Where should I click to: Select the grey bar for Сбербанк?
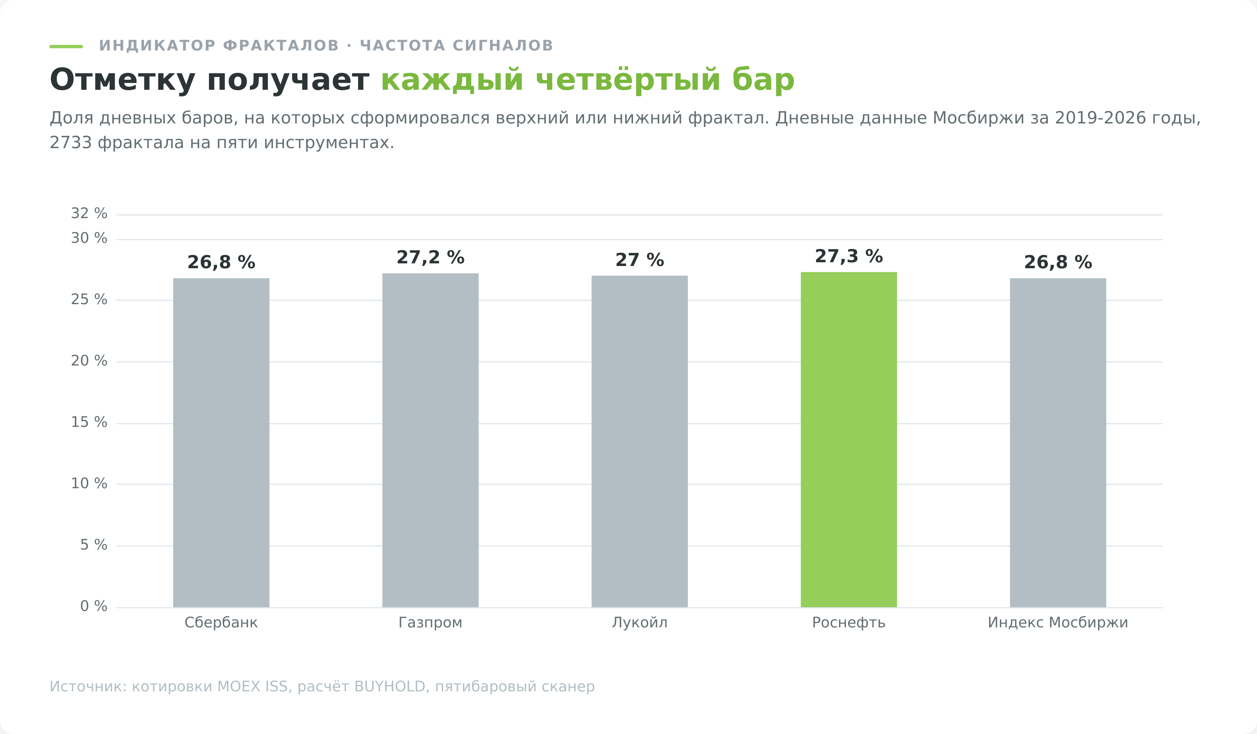pyautogui.click(x=221, y=443)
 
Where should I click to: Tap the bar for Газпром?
pyautogui.click(x=431, y=440)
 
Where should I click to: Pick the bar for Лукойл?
pyautogui.click(x=639, y=441)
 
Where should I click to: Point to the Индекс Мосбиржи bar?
pyautogui.click(x=1058, y=443)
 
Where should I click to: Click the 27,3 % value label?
pyautogui.click(x=848, y=256)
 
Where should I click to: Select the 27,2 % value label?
pyautogui.click(x=431, y=258)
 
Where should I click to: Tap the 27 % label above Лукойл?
pyautogui.click(x=639, y=260)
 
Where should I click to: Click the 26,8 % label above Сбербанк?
pyautogui.click(x=221, y=262)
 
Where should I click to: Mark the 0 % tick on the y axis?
pyautogui.click(x=94, y=606)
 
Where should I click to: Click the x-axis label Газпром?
pyautogui.click(x=431, y=623)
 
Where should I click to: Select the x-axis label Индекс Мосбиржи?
pyautogui.click(x=1058, y=623)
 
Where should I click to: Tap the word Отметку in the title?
pyautogui.click(x=122, y=80)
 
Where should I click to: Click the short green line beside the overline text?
pyautogui.click(x=66, y=46)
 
